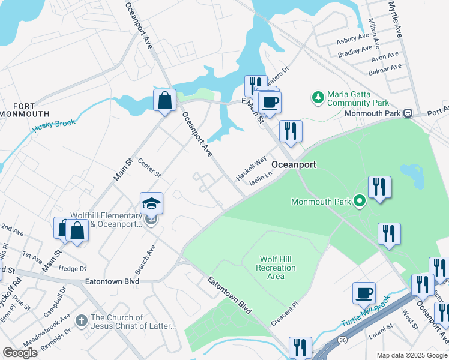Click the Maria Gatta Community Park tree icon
click(x=318, y=97)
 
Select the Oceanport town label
click(x=294, y=164)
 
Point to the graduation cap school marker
click(x=152, y=205)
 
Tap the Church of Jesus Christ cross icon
click(x=82, y=322)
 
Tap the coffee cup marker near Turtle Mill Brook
click(x=364, y=293)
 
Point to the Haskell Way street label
click(x=251, y=168)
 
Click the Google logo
click(x=20, y=353)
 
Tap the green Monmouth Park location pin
click(x=360, y=201)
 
